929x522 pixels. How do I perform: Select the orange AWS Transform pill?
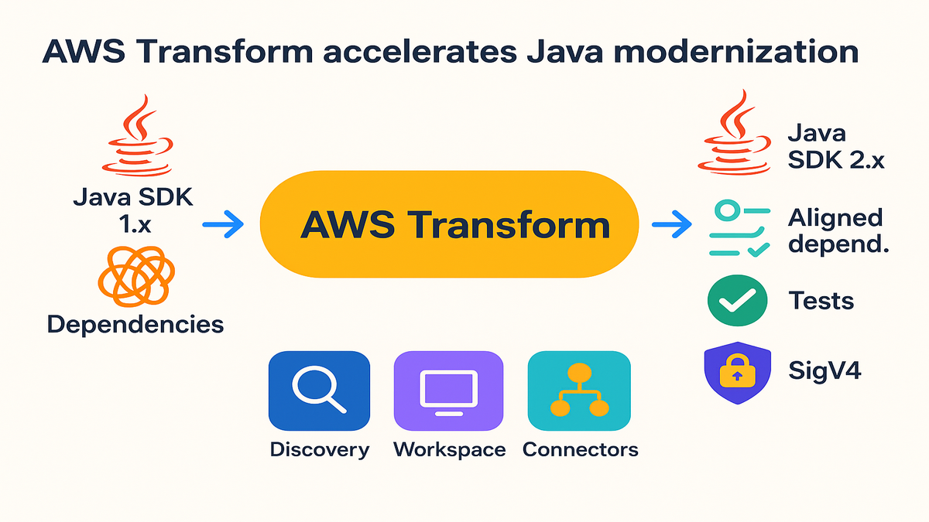[x=449, y=225]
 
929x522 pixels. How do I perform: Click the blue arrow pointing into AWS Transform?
[x=222, y=226]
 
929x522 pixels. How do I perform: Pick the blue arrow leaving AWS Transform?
[x=671, y=226]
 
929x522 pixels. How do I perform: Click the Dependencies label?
[x=135, y=323]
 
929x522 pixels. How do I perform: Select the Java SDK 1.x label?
[x=133, y=211]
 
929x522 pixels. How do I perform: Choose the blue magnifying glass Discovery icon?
[x=319, y=391]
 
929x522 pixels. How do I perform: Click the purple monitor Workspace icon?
[x=448, y=391]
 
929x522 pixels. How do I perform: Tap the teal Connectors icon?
[x=579, y=391]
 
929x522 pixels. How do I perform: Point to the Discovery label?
[x=319, y=449]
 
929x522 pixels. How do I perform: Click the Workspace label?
[x=449, y=449]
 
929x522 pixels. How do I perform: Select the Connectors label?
[x=581, y=449]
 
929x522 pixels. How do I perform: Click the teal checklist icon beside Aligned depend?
[x=739, y=230]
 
